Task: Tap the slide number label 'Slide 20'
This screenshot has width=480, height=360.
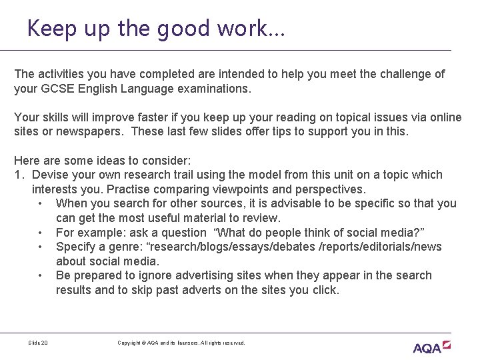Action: click(38, 343)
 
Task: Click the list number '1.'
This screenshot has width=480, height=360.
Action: click(19, 175)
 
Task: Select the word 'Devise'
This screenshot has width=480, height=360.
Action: click(50, 175)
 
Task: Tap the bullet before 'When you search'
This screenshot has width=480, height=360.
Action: click(41, 204)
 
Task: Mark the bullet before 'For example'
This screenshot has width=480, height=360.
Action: click(41, 233)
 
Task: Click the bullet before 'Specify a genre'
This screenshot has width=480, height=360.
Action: click(41, 247)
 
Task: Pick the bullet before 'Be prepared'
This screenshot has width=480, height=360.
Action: click(41, 275)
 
